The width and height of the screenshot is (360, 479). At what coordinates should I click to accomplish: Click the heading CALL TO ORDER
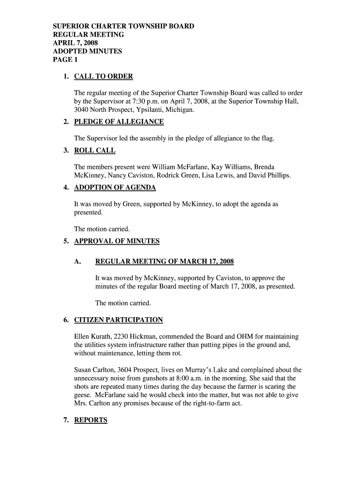(x=103, y=77)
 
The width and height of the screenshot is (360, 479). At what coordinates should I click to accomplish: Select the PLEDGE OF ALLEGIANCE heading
(x=119, y=122)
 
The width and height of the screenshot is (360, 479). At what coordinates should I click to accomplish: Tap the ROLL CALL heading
(x=94, y=151)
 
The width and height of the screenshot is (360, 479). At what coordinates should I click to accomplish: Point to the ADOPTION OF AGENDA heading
(x=115, y=188)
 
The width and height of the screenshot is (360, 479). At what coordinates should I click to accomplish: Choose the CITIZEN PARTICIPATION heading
(x=118, y=320)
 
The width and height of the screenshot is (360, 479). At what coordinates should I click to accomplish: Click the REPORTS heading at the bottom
(x=91, y=420)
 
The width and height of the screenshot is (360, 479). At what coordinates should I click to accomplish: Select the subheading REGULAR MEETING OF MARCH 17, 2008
(x=164, y=261)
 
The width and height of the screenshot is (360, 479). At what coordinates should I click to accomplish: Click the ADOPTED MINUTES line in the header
(x=87, y=51)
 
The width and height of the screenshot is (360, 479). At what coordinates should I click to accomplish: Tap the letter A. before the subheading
(x=78, y=261)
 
